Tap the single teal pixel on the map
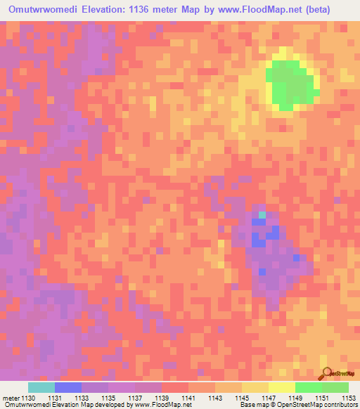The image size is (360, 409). [x=262, y=214]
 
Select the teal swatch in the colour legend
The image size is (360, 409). [x=41, y=387]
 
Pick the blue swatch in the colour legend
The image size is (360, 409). [x=68, y=387]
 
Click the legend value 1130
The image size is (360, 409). [x=27, y=397]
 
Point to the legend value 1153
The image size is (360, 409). [x=348, y=397]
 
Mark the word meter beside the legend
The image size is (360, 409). [x=10, y=397]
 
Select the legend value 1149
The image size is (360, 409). [x=295, y=397]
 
